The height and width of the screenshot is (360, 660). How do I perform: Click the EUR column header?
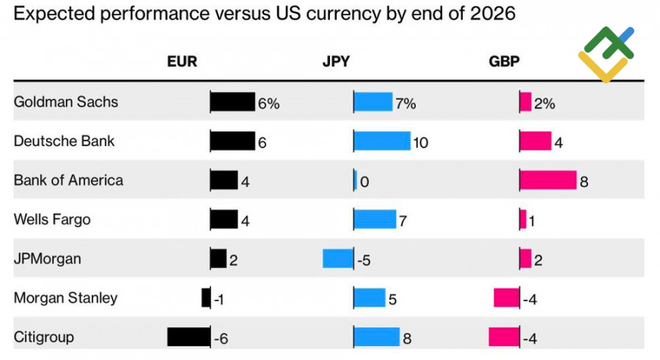pyautogui.click(x=182, y=62)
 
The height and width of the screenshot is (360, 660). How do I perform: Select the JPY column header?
pyautogui.click(x=336, y=62)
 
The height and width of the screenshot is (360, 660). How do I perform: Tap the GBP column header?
pyautogui.click(x=504, y=62)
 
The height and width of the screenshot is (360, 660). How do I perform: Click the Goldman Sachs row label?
pyautogui.click(x=66, y=102)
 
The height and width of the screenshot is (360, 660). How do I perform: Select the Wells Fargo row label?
pyautogui.click(x=52, y=219)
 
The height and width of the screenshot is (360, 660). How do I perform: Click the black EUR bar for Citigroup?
pyautogui.click(x=188, y=337)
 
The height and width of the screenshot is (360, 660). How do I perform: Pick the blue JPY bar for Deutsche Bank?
pyautogui.click(x=382, y=141)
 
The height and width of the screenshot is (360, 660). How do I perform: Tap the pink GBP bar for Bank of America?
pyautogui.click(x=548, y=180)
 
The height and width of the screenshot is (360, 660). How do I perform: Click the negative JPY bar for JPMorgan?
pyautogui.click(x=338, y=259)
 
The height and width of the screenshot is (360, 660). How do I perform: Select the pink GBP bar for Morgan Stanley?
pyautogui.click(x=506, y=298)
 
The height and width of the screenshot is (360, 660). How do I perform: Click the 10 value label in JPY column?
pyautogui.click(x=420, y=142)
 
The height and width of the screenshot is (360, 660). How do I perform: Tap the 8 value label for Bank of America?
pyautogui.click(x=584, y=181)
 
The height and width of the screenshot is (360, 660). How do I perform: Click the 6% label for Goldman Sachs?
pyautogui.click(x=268, y=103)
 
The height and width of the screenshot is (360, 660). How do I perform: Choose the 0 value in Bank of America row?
pyautogui.click(x=364, y=181)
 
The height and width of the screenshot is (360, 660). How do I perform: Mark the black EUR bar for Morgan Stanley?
pyautogui.click(x=206, y=298)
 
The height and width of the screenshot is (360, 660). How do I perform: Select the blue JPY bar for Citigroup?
pyautogui.click(x=377, y=337)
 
